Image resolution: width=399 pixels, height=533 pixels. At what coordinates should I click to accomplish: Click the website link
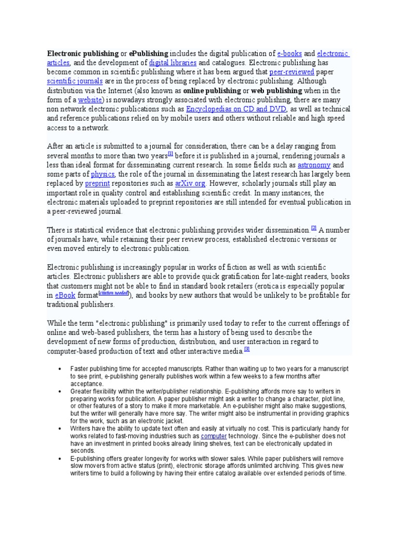coord(90,100)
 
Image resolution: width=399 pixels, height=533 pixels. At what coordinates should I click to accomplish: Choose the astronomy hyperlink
coord(314,164)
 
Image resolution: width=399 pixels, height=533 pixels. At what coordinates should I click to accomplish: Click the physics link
coord(103,174)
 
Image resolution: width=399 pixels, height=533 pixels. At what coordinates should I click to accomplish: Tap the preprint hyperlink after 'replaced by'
coord(97,183)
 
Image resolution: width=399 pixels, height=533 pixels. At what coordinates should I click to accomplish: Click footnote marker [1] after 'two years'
coord(170,154)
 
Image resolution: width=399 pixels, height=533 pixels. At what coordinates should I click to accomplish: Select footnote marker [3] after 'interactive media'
coord(247,349)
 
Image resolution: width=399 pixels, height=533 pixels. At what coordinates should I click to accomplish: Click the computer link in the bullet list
coord(214,436)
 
